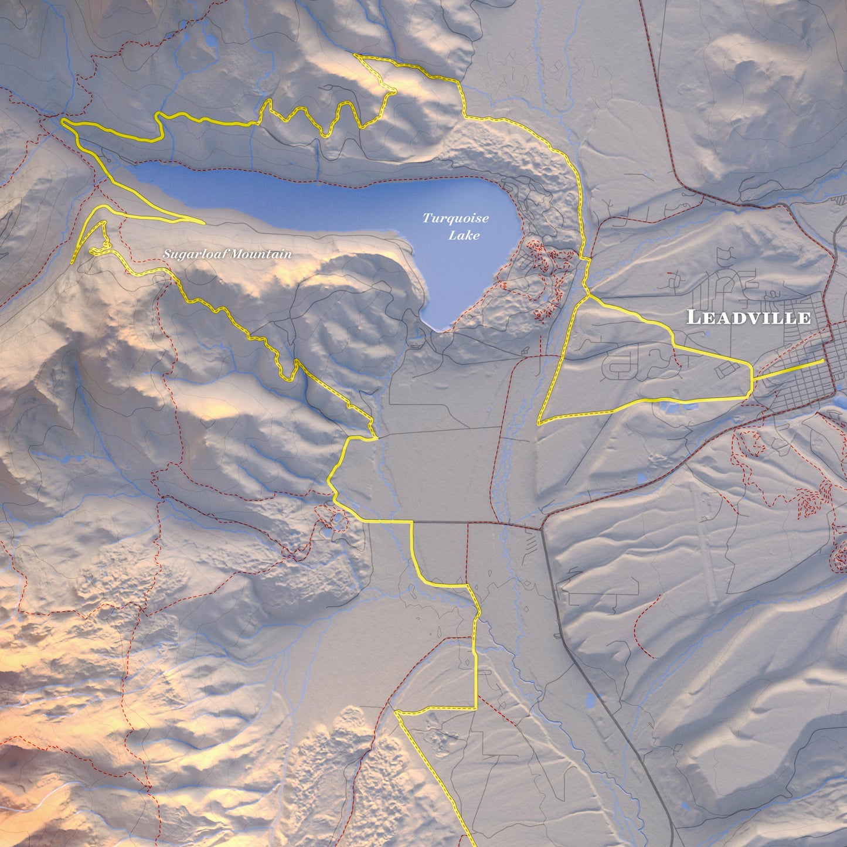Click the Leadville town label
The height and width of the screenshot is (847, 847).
pos(749,318)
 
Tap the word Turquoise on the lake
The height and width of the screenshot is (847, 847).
pos(455,219)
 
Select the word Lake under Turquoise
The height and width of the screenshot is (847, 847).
pos(464,236)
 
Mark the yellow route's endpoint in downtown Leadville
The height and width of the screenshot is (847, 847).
pos(824,361)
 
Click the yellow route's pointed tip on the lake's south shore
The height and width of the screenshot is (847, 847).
pos(203,223)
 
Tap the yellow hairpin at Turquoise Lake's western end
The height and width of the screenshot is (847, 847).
pos(63,121)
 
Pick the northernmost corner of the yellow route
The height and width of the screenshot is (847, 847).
pos(356,56)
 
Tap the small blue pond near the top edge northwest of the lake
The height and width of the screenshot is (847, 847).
pos(209,41)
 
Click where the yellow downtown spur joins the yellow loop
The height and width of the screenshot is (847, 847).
pos(752,380)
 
